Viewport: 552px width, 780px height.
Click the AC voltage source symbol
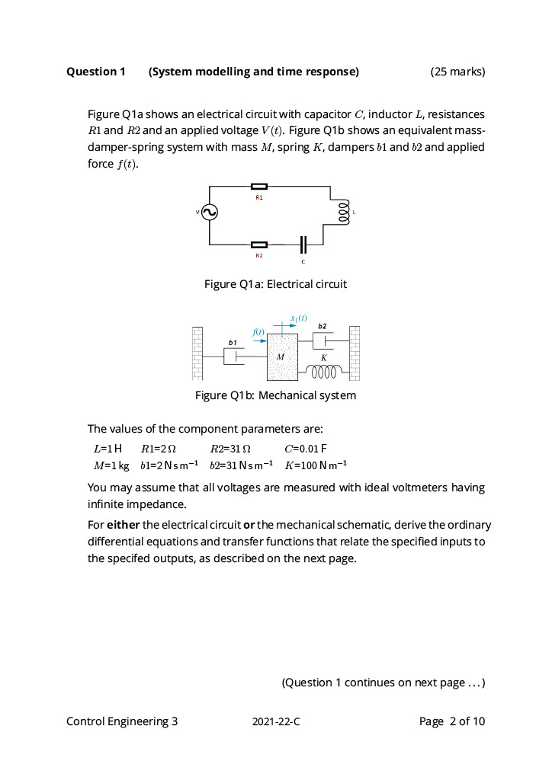pos(210,213)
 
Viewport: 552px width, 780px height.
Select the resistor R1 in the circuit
pos(259,185)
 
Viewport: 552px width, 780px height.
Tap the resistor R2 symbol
pos(259,245)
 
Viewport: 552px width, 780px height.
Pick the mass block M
pos(282,357)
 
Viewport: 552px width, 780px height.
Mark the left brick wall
pos(197,353)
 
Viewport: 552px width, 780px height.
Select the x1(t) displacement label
pos(298,317)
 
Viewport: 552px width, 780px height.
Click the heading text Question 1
pos(96,72)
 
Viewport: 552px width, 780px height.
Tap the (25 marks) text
pos(457,72)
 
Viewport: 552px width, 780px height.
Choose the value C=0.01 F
pos(306,448)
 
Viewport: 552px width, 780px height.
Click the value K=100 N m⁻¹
pos(316,465)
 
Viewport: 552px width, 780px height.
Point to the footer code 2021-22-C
pos(276,721)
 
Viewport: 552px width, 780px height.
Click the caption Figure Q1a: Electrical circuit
pos(275,284)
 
